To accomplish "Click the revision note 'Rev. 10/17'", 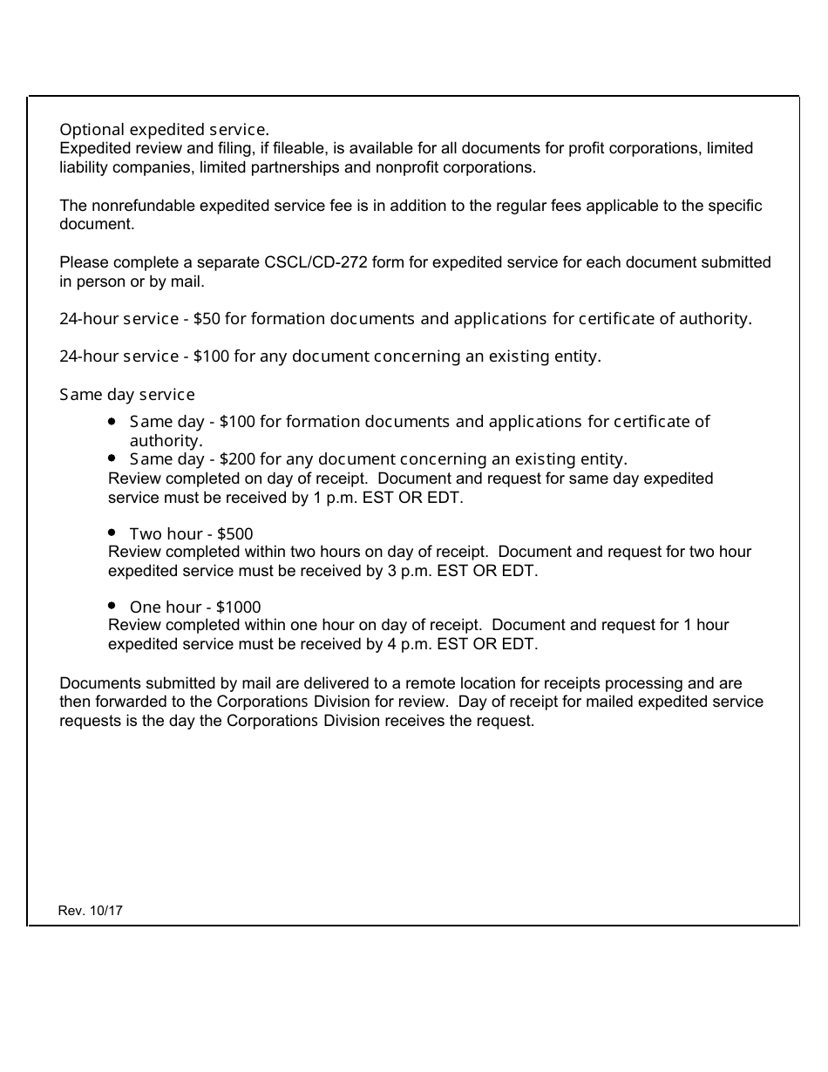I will click(x=91, y=911).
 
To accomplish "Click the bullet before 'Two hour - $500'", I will click(x=112, y=532).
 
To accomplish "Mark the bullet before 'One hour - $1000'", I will click(x=112, y=605).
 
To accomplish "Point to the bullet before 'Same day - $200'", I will click(x=112, y=458).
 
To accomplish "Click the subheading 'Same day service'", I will click(x=127, y=395).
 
